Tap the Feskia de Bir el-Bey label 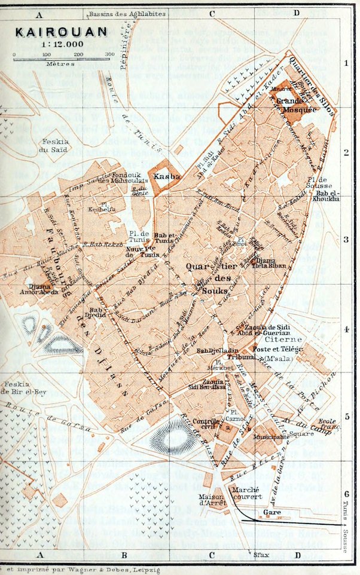click(x=18, y=388)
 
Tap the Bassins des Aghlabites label click(x=126, y=13)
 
